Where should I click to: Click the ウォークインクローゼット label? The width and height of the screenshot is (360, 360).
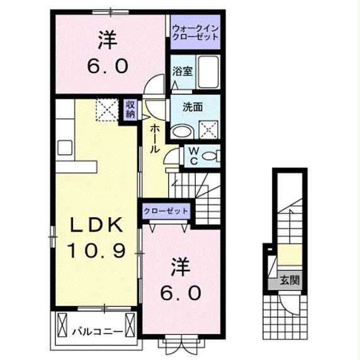[x=195, y=31]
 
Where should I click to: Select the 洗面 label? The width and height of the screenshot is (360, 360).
[x=193, y=107]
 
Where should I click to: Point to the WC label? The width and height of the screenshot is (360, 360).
[x=195, y=155]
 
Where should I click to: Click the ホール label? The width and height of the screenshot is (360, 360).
[x=154, y=138]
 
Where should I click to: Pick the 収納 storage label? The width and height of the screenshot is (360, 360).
[x=130, y=109]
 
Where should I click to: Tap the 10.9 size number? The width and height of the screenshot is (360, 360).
[x=94, y=250]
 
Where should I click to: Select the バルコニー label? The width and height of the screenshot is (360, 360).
[x=92, y=330]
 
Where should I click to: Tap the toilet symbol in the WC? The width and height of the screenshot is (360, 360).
[x=212, y=154]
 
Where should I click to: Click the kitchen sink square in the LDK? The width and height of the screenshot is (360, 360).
[x=65, y=148]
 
